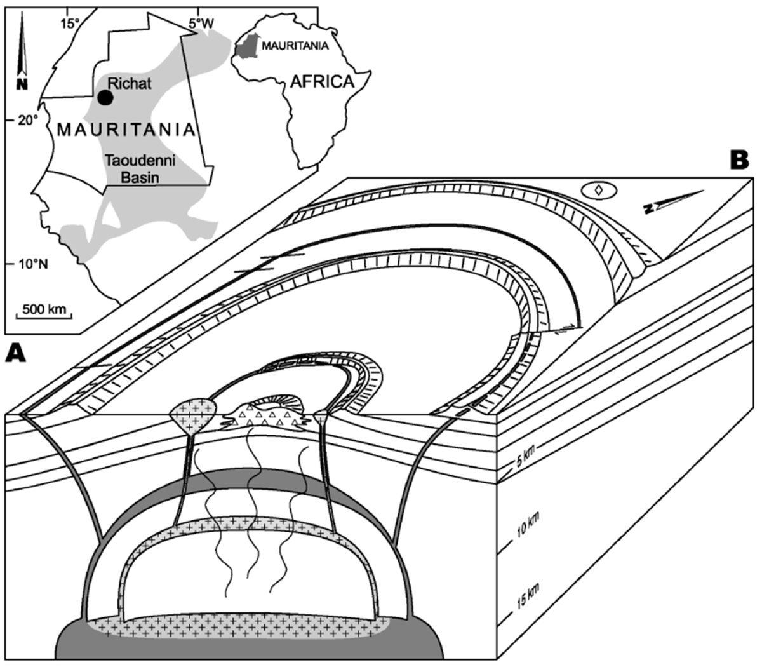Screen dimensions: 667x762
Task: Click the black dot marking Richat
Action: point(105,97)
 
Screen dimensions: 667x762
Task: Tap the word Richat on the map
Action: point(130,83)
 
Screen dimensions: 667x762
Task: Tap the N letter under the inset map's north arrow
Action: point(22,83)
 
